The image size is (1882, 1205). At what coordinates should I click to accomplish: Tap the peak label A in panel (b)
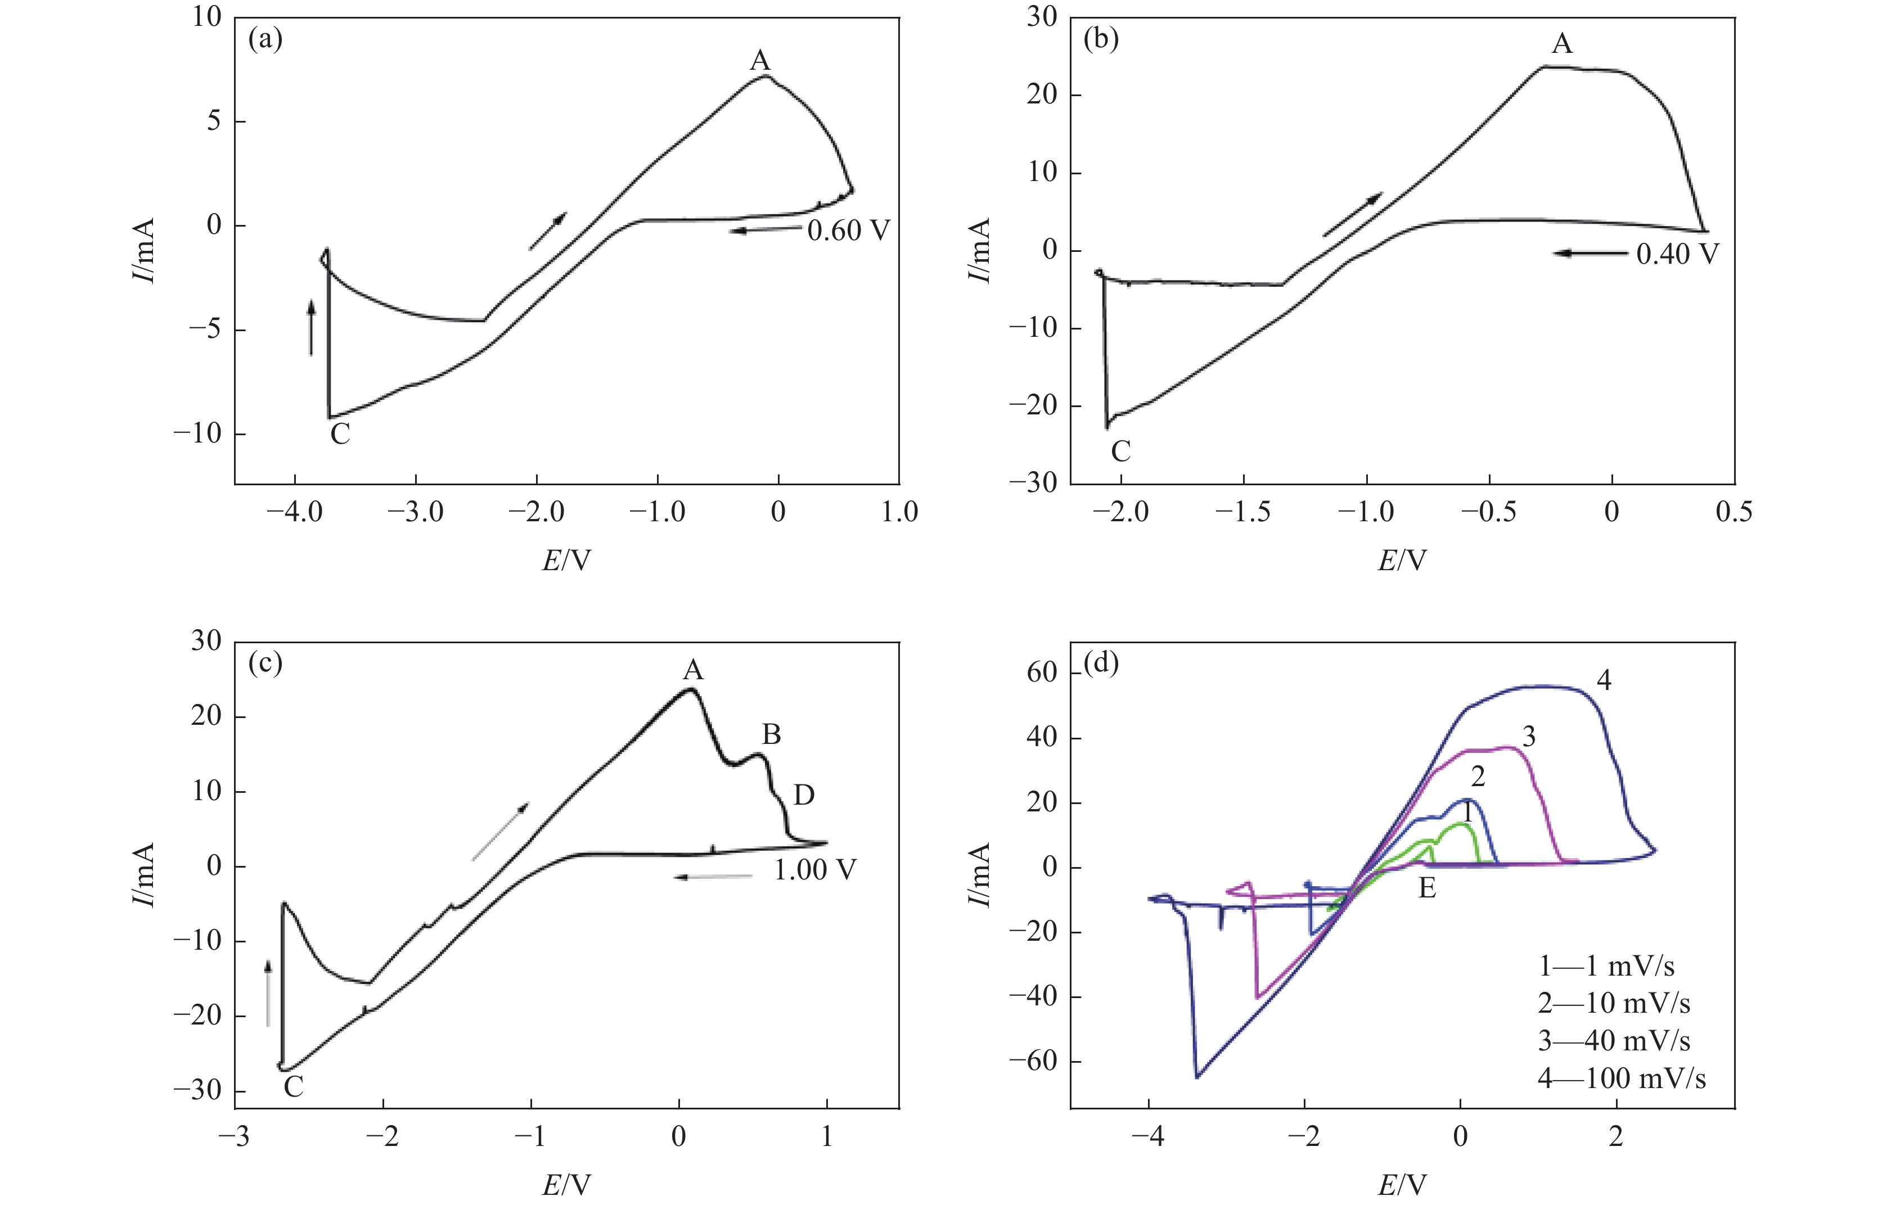pyautogui.click(x=1562, y=44)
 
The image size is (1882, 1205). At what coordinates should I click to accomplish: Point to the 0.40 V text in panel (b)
pyautogui.click(x=1677, y=254)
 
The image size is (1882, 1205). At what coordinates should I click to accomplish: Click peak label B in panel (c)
pyautogui.click(x=772, y=734)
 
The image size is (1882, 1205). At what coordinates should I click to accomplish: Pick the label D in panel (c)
pyautogui.click(x=804, y=795)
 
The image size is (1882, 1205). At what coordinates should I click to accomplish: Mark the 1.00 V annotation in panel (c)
pyautogui.click(x=816, y=870)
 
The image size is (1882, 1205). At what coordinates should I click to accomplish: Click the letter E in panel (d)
pyautogui.click(x=1428, y=888)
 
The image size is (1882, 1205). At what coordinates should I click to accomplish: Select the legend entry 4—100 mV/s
pyautogui.click(x=1622, y=1078)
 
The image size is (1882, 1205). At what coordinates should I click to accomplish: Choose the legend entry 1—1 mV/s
pyautogui.click(x=1606, y=967)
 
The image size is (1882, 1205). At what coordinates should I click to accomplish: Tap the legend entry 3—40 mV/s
pyautogui.click(x=1614, y=1041)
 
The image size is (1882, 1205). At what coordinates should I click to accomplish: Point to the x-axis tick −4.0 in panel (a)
pyautogui.click(x=294, y=512)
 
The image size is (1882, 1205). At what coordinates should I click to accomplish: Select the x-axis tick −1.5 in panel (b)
pyautogui.click(x=1242, y=512)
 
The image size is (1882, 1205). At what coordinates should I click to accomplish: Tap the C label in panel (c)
pyautogui.click(x=294, y=1086)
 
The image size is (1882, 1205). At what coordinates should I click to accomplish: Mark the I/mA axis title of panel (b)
pyautogui.click(x=979, y=250)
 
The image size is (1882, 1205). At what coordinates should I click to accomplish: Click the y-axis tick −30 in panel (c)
pyautogui.click(x=197, y=1090)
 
